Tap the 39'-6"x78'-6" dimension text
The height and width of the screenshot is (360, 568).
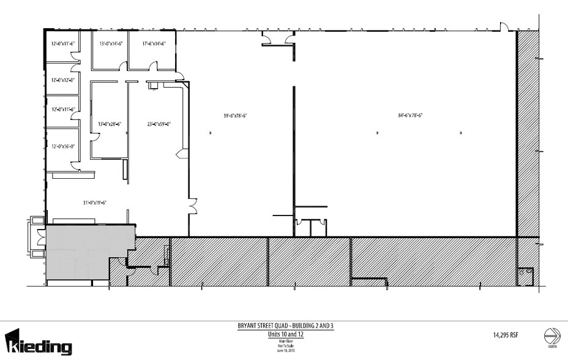234,114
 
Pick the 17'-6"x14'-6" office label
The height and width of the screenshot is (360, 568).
154,43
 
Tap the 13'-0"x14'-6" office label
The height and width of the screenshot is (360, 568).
111,43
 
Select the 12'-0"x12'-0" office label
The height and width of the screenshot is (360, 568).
63,80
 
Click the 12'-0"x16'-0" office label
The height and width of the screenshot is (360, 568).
63,146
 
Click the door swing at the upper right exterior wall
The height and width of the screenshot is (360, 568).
504,26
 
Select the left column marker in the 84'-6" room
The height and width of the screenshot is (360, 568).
378,132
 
